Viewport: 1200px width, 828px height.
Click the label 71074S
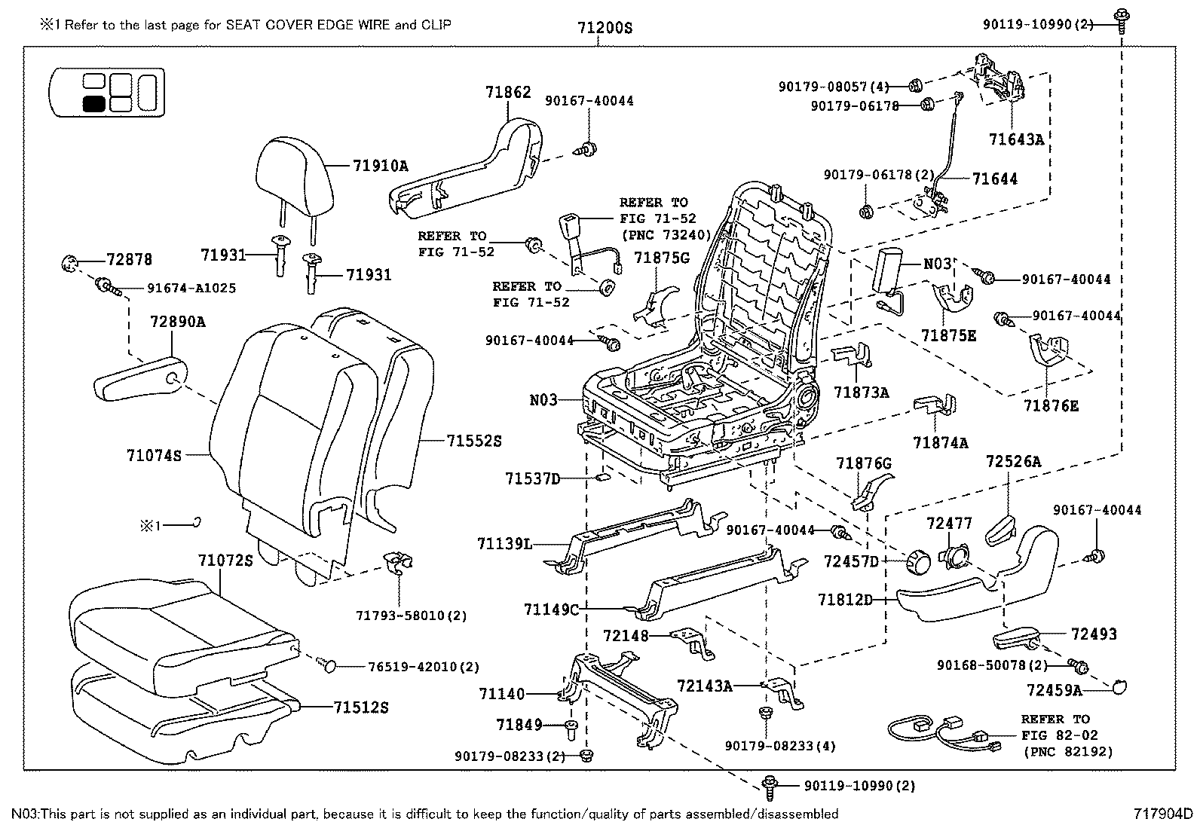tap(155, 455)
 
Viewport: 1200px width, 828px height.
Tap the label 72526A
tap(1014, 461)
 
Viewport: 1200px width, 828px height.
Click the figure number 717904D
tap(1163, 814)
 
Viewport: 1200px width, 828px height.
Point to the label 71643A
tap(1016, 139)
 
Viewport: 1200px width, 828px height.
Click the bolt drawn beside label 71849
tap(571, 727)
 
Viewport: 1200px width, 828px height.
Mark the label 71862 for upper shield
tap(508, 92)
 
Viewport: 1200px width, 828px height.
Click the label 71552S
tap(473, 441)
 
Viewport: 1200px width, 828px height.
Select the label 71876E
tap(1051, 405)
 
